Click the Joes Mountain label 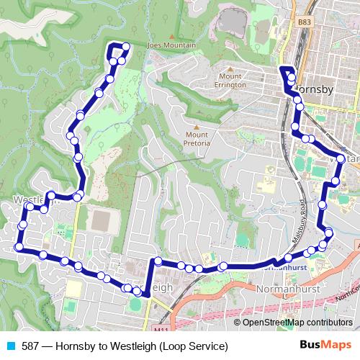(x=171, y=45)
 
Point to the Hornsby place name (x=312, y=90)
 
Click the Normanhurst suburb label (x=287, y=287)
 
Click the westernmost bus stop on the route (x=18, y=248)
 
